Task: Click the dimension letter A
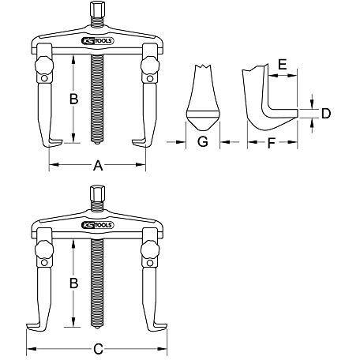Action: click(x=98, y=166)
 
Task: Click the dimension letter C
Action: click(x=98, y=349)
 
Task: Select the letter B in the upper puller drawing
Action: click(x=74, y=99)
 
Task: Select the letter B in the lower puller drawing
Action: click(x=74, y=283)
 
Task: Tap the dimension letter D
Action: click(x=326, y=114)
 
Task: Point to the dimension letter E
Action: click(x=283, y=65)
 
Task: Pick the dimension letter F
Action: click(x=271, y=144)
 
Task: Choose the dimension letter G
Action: click(x=203, y=141)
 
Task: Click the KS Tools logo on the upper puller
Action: click(x=98, y=41)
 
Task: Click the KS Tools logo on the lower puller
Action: click(x=98, y=225)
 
